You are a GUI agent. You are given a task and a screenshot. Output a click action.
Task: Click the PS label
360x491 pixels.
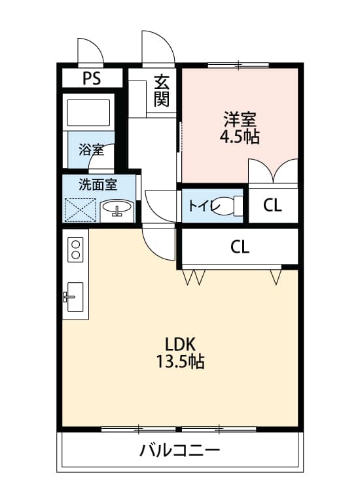pyautogui.click(x=92, y=78)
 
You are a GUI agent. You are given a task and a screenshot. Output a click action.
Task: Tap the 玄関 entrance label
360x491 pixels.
pyautogui.click(x=162, y=91)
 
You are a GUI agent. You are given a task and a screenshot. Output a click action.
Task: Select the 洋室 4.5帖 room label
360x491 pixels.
pyautogui.click(x=240, y=128)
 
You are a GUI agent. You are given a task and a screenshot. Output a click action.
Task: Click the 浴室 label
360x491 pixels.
pyautogui.click(x=91, y=149)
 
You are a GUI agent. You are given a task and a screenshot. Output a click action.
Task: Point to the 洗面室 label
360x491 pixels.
pyautogui.click(x=98, y=184)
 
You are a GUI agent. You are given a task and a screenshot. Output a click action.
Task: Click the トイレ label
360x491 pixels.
pyautogui.click(x=200, y=206)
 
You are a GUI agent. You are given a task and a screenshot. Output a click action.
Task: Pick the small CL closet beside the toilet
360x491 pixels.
pyautogui.click(x=273, y=205)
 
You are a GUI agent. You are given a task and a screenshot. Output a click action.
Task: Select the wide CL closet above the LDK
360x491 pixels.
pyautogui.click(x=240, y=246)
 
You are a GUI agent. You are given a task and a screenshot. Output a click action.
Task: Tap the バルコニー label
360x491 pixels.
pyautogui.click(x=179, y=450)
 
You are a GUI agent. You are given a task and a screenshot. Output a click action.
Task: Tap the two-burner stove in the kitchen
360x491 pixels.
pyautogui.click(x=75, y=249)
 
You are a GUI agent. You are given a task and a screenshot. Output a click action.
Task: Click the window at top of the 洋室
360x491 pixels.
pyautogui.click(x=238, y=65)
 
